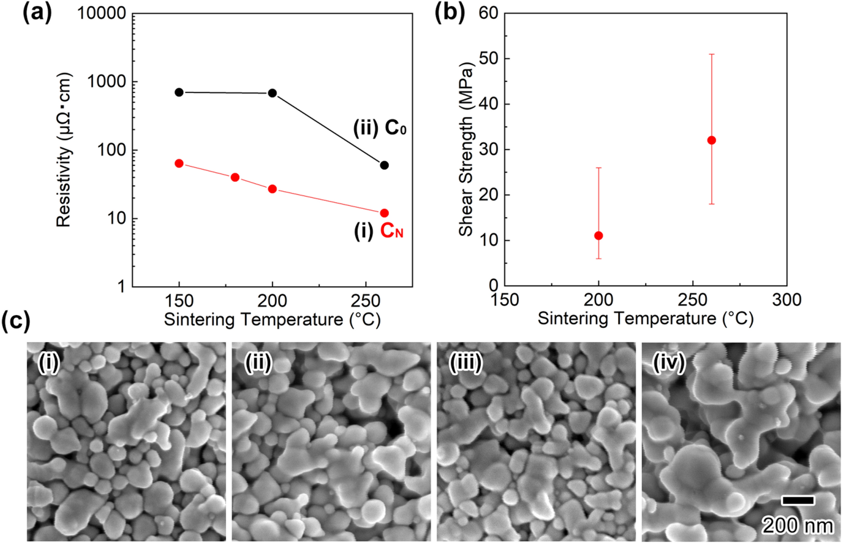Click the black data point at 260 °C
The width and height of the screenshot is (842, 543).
click(x=384, y=165)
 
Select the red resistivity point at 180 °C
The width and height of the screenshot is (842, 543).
click(x=235, y=177)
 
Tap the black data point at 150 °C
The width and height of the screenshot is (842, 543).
click(x=179, y=92)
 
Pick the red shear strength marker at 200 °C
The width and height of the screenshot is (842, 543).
click(x=598, y=236)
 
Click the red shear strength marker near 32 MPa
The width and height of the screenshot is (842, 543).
click(x=711, y=140)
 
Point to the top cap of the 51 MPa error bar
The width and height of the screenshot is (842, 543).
click(x=711, y=54)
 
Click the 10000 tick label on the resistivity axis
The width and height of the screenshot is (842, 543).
click(x=102, y=13)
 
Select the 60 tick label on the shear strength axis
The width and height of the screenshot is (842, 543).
click(x=488, y=13)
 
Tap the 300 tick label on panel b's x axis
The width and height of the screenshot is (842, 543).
click(x=786, y=300)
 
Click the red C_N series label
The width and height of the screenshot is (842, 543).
click(x=392, y=231)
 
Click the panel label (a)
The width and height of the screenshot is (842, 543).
click(x=37, y=13)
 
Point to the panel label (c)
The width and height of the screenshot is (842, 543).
click(x=16, y=321)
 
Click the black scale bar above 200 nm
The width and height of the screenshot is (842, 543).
click(x=798, y=500)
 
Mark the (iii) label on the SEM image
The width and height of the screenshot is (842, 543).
click(x=465, y=363)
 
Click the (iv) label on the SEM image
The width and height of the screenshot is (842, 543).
click(x=668, y=363)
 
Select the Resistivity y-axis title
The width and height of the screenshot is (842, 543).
click(x=64, y=150)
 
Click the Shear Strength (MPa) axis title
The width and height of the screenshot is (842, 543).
click(x=466, y=150)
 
